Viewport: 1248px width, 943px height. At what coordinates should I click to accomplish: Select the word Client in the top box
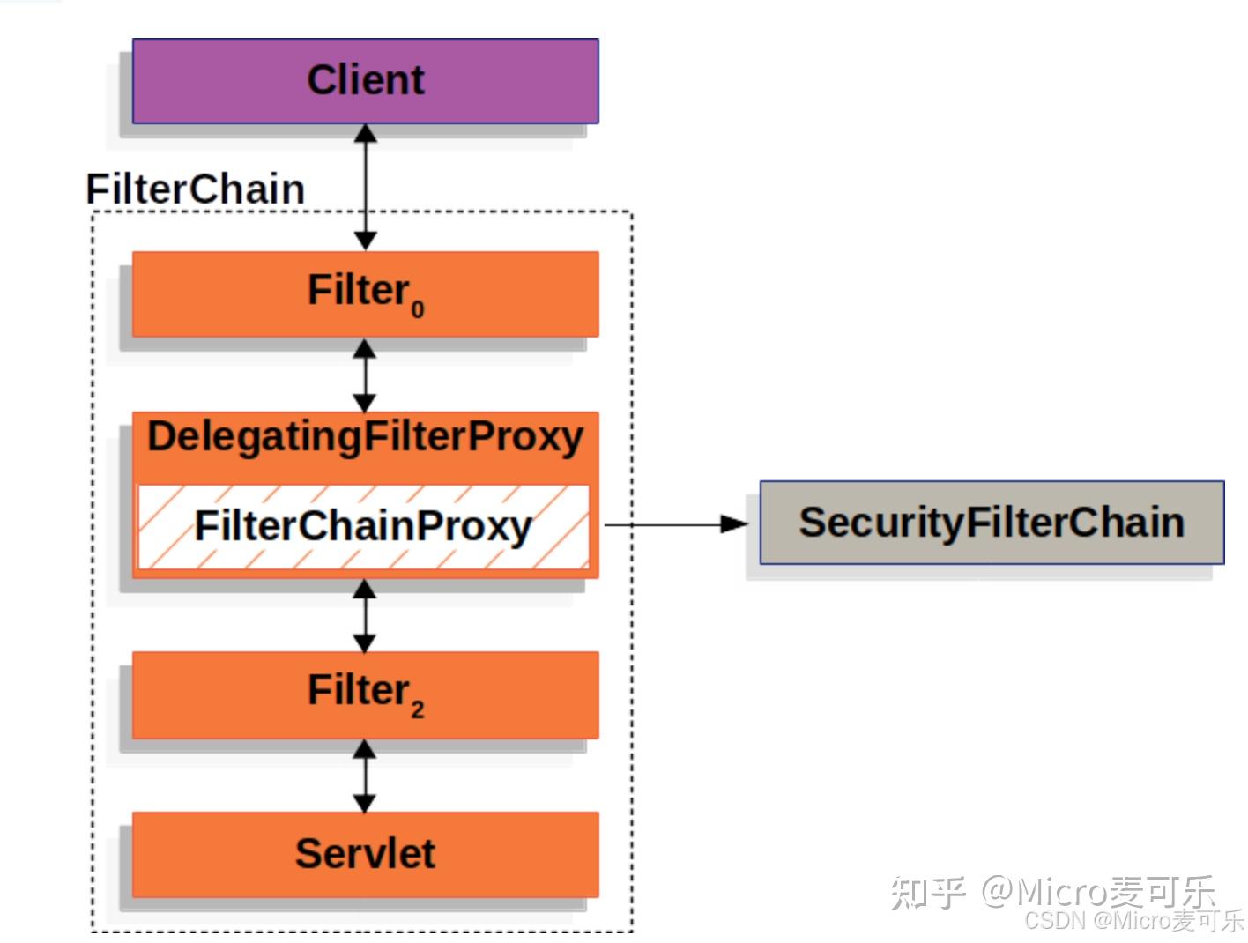click(365, 80)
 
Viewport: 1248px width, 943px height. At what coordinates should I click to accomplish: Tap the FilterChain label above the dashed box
click(195, 189)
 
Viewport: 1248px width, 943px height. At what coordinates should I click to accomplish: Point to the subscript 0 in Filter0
click(417, 309)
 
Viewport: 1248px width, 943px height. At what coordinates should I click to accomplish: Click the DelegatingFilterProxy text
click(365, 437)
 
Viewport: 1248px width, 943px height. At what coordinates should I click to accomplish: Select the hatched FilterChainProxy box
click(363, 526)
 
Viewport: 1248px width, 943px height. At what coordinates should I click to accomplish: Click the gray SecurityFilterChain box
click(992, 523)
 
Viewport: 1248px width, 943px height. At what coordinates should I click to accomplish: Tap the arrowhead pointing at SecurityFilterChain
click(733, 524)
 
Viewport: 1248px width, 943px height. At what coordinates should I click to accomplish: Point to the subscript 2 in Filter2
click(417, 709)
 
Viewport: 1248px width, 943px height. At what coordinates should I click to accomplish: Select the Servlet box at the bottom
click(365, 854)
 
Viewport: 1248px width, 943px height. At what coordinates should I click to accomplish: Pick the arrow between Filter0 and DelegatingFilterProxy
click(365, 375)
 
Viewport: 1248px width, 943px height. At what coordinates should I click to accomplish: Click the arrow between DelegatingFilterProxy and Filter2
click(365, 615)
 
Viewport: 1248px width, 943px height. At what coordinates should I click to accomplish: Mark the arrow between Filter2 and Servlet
click(365, 776)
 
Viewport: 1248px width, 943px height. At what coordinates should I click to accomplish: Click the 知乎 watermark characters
click(927, 892)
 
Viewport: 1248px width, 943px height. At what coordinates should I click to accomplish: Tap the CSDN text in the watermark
click(1054, 921)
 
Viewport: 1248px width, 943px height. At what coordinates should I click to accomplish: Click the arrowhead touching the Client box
click(365, 134)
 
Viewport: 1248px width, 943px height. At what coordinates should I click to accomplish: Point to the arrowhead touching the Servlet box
click(365, 803)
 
